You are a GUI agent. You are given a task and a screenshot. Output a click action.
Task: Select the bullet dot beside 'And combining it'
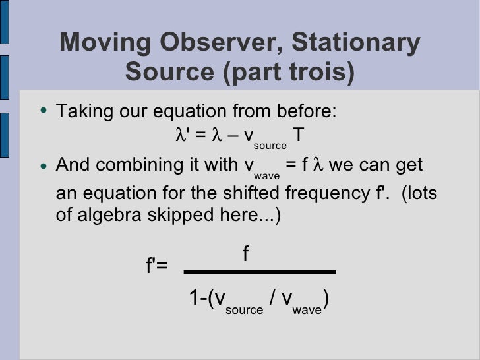point(43,165)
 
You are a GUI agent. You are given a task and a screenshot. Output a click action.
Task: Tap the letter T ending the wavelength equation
point(299,135)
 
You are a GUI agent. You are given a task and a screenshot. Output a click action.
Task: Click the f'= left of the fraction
point(157,266)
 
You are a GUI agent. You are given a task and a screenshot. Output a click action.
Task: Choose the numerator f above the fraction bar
point(245,254)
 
